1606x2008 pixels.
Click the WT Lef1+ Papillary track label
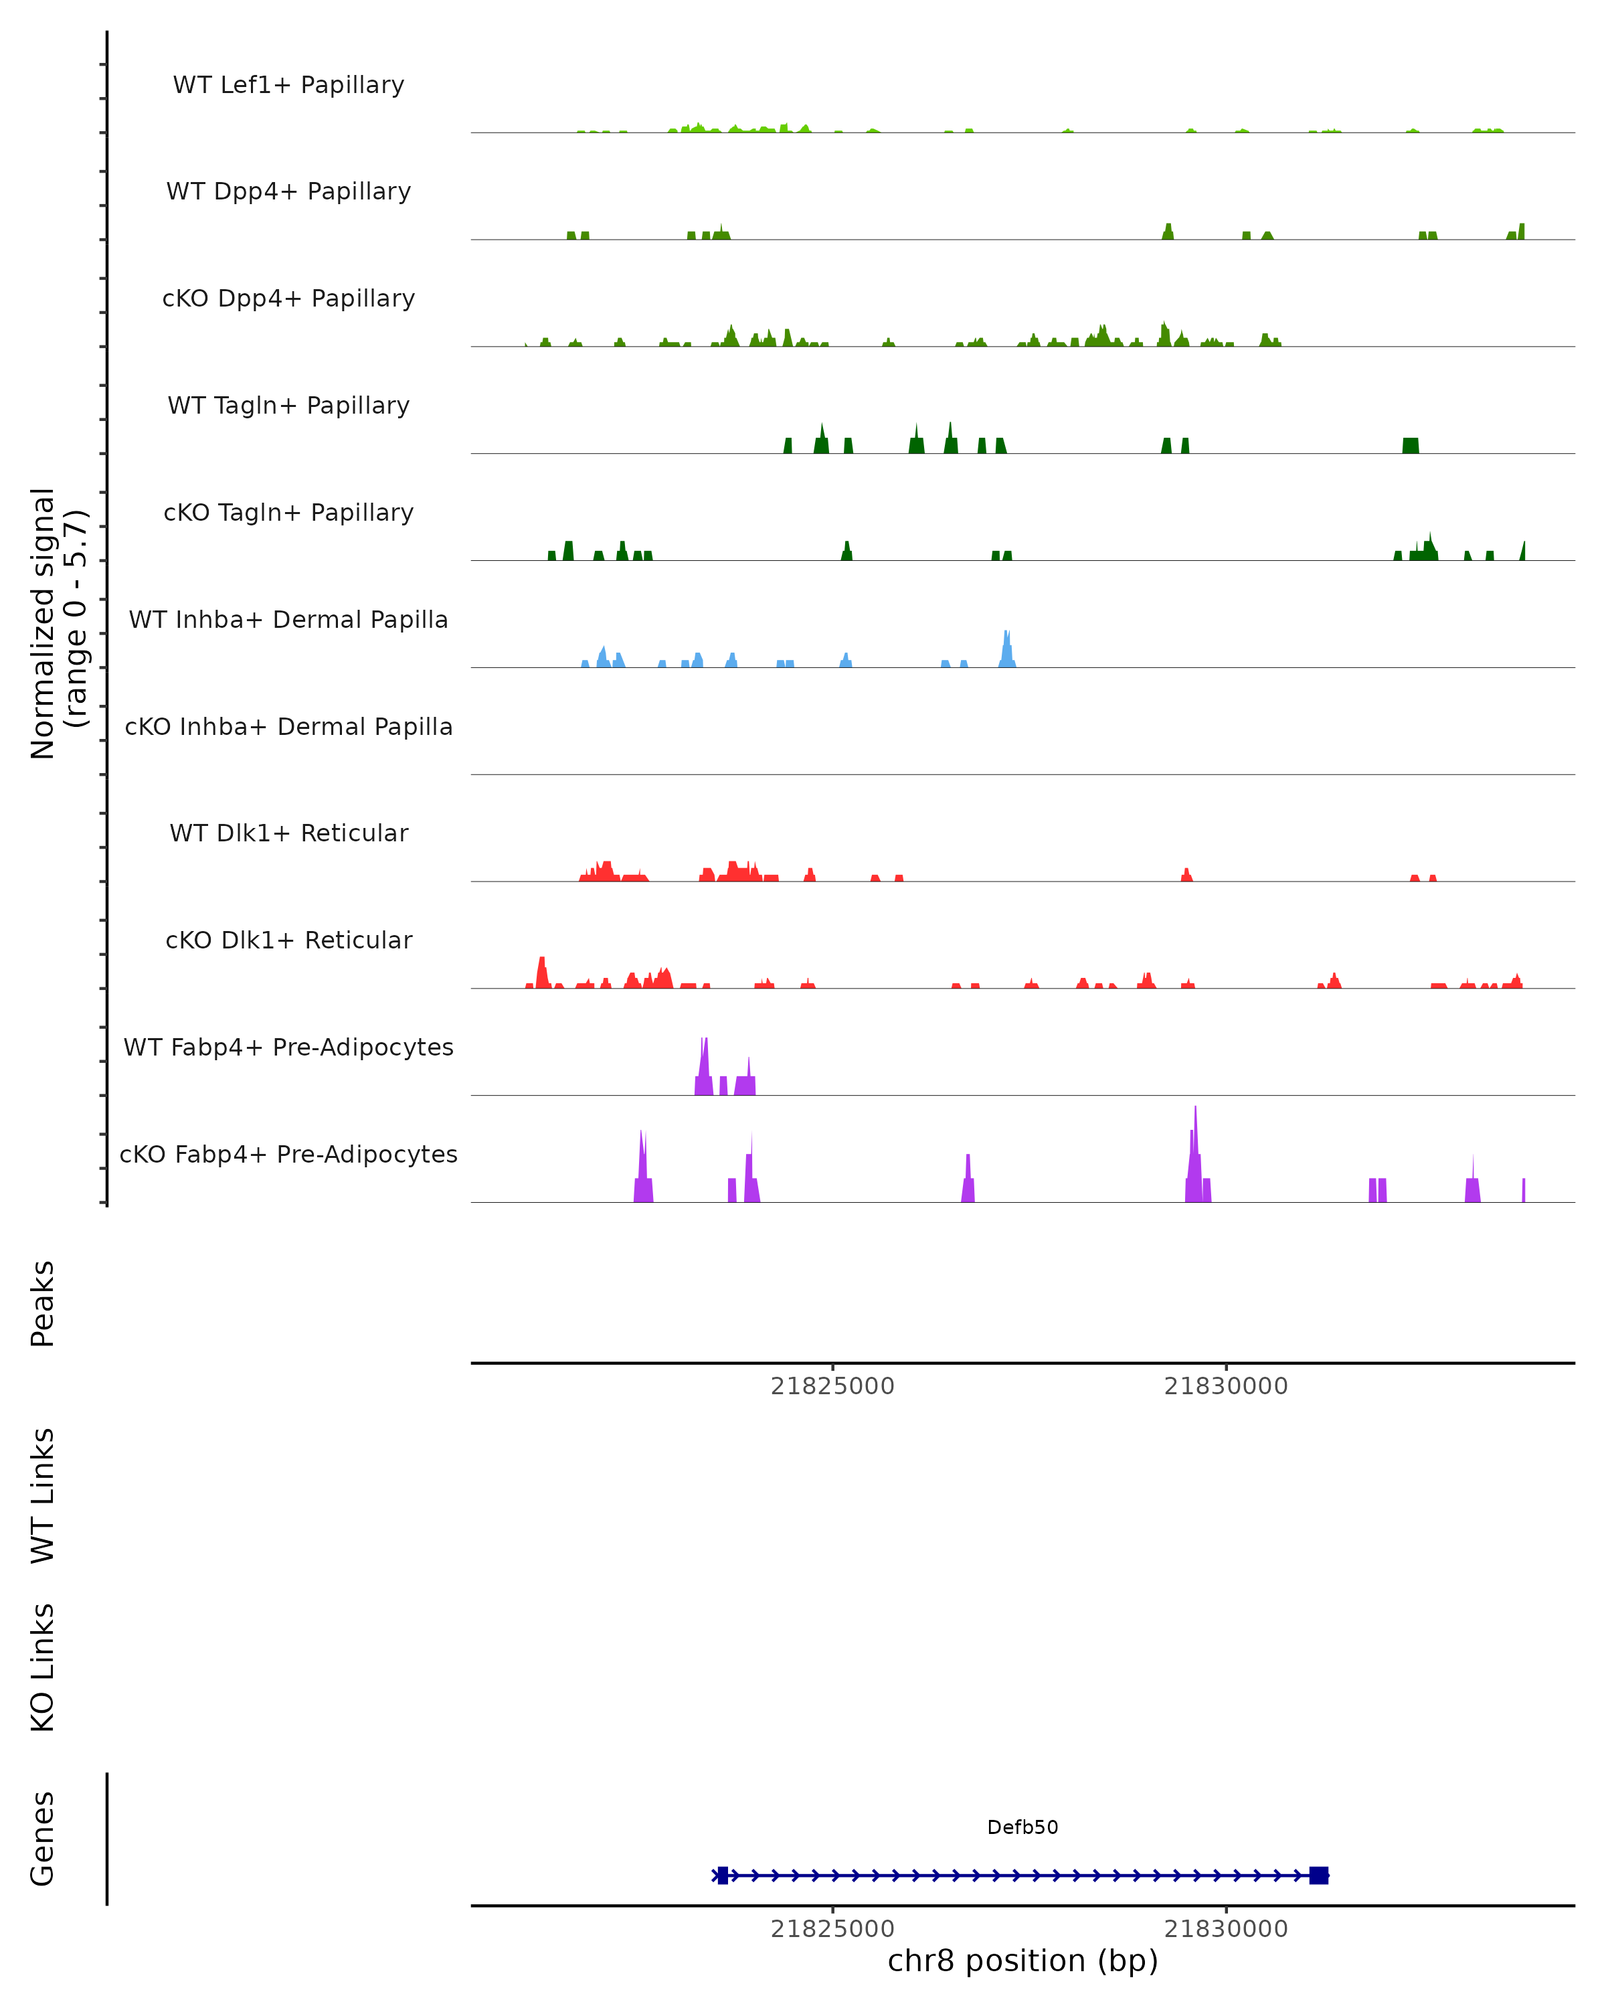(288, 85)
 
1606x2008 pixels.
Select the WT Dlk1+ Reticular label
(288, 833)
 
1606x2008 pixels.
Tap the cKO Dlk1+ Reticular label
(288, 940)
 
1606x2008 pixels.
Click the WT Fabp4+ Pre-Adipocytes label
(288, 1047)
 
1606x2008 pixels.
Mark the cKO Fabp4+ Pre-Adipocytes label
(288, 1154)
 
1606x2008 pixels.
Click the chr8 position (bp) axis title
(1022, 1960)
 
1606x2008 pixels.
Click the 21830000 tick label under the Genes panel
(1225, 1929)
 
